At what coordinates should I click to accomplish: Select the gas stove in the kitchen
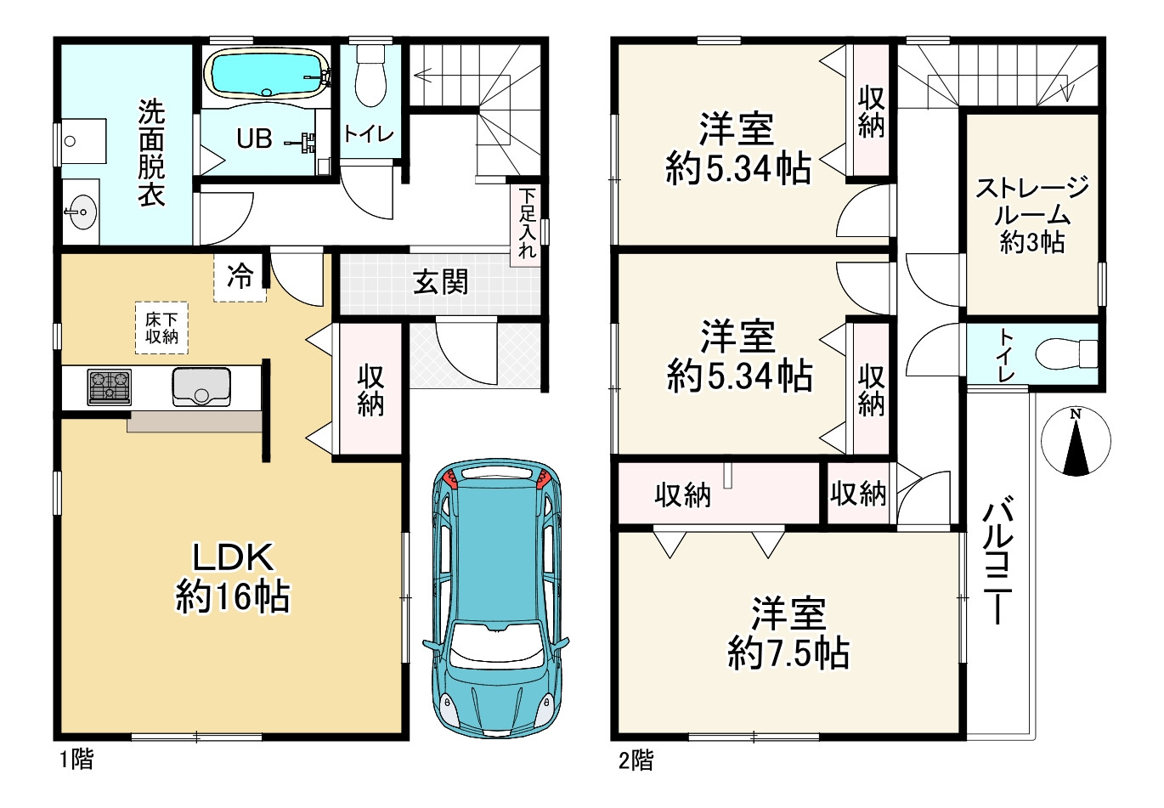click(x=109, y=387)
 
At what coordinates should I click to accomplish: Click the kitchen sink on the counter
click(x=201, y=387)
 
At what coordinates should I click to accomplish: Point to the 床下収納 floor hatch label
click(x=161, y=328)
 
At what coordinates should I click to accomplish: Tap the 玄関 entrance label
click(x=441, y=282)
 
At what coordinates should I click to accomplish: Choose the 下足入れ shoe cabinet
click(x=527, y=224)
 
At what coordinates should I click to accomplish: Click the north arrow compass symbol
click(x=1076, y=441)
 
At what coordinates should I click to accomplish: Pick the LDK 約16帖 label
click(x=233, y=577)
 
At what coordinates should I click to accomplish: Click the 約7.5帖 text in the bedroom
click(x=788, y=653)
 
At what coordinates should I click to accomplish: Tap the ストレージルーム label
click(x=1032, y=201)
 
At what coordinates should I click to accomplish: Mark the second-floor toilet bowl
click(x=1066, y=354)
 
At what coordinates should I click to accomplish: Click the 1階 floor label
click(x=77, y=760)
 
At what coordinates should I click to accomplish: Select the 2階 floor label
click(x=636, y=760)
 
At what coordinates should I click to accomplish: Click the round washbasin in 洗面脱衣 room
click(x=82, y=212)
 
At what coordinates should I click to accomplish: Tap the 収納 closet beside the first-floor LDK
click(x=370, y=390)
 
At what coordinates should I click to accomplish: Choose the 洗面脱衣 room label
click(x=151, y=153)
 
